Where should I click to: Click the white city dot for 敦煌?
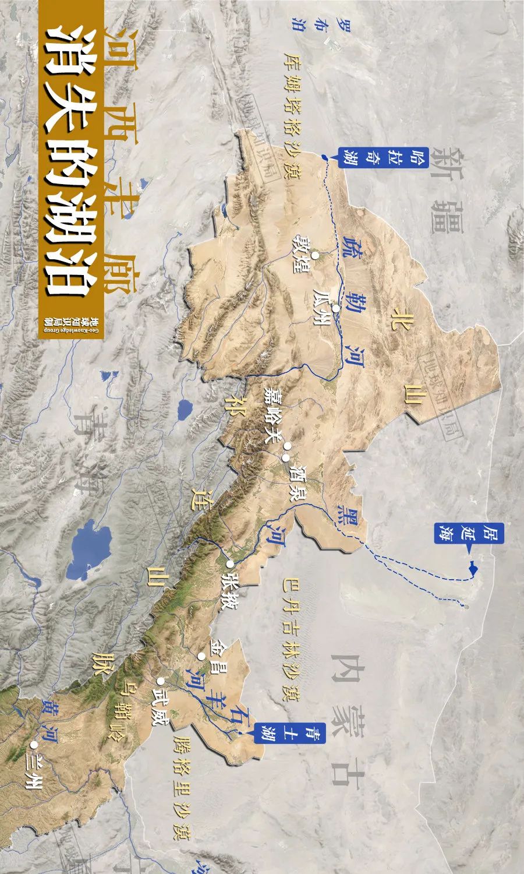pos(314,255)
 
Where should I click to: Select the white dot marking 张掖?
pos(230,563)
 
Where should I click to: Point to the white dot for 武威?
pos(160,680)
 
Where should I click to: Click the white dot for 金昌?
pos(201,656)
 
